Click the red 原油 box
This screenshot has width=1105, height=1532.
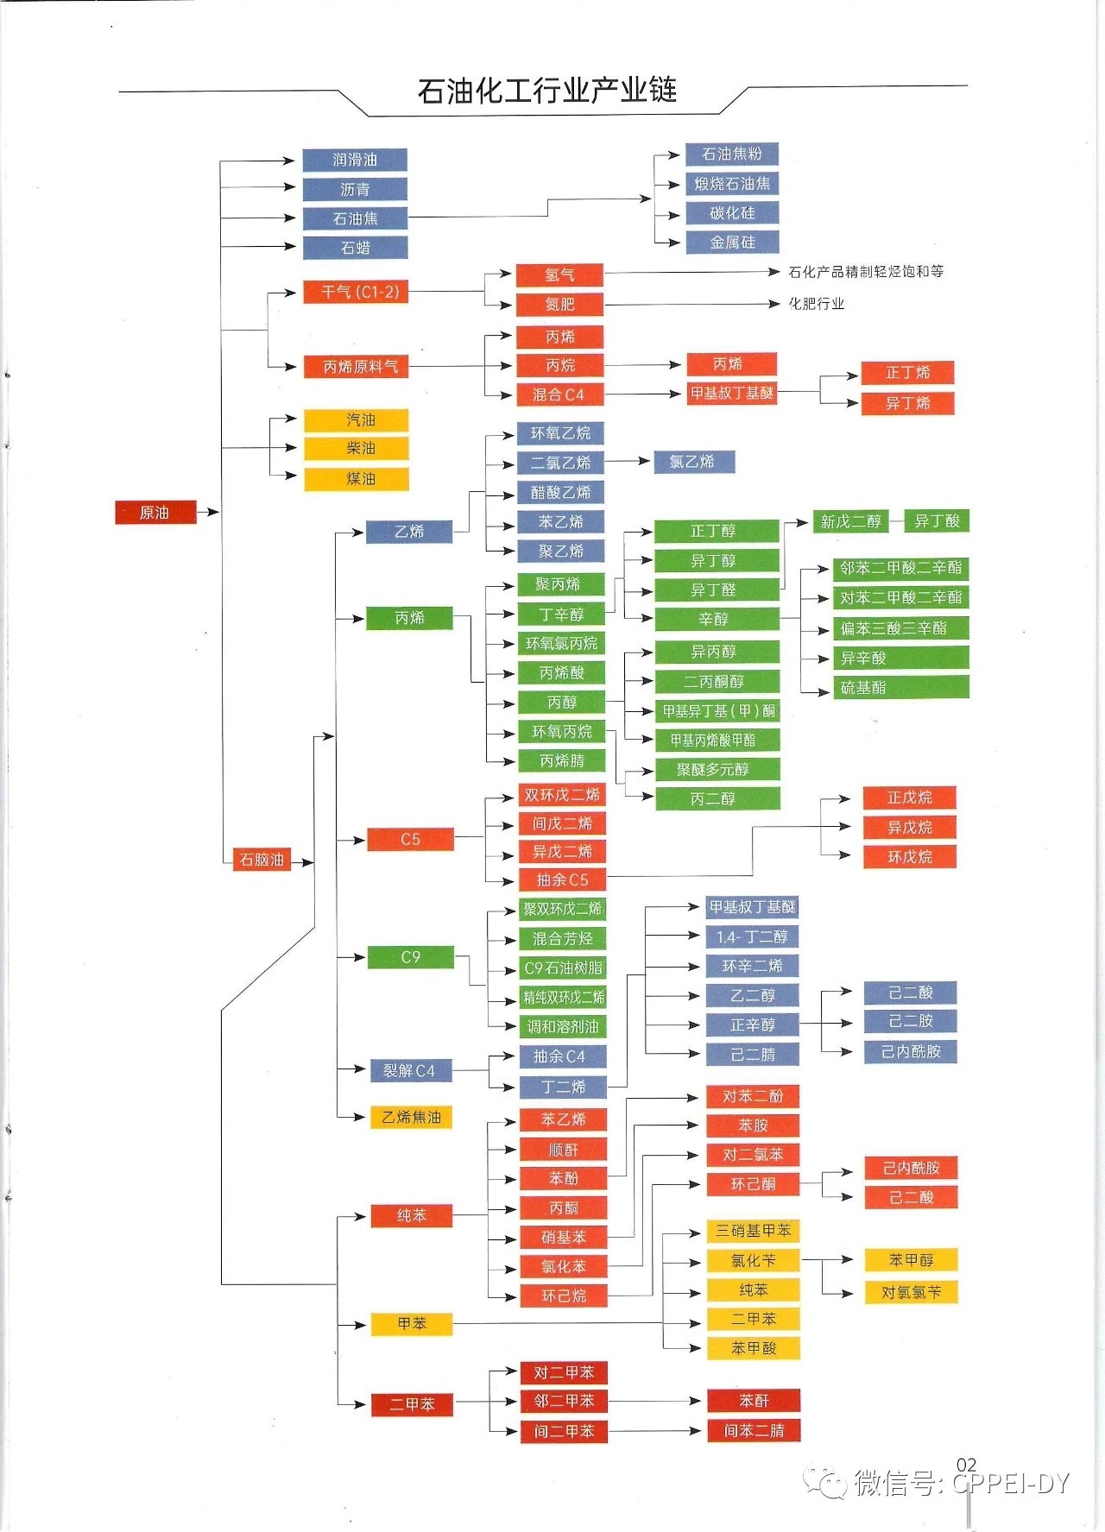155,513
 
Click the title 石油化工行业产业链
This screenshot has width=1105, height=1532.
546,91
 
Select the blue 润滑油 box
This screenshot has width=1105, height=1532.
354,160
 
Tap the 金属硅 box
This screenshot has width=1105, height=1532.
732,243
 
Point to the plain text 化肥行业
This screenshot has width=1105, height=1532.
816,304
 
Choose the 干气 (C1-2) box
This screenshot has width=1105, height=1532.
355,293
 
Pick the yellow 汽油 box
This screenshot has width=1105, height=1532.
356,420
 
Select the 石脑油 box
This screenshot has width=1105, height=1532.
262,860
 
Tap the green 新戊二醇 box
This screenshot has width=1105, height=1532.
850,521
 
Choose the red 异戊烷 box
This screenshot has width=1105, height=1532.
910,828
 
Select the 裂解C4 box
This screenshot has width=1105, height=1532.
409,1071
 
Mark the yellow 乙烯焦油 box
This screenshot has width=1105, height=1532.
411,1118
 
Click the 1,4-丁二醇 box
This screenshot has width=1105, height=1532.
752,937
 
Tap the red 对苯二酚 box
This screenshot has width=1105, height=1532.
753,1096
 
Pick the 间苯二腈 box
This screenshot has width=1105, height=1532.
754,1430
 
